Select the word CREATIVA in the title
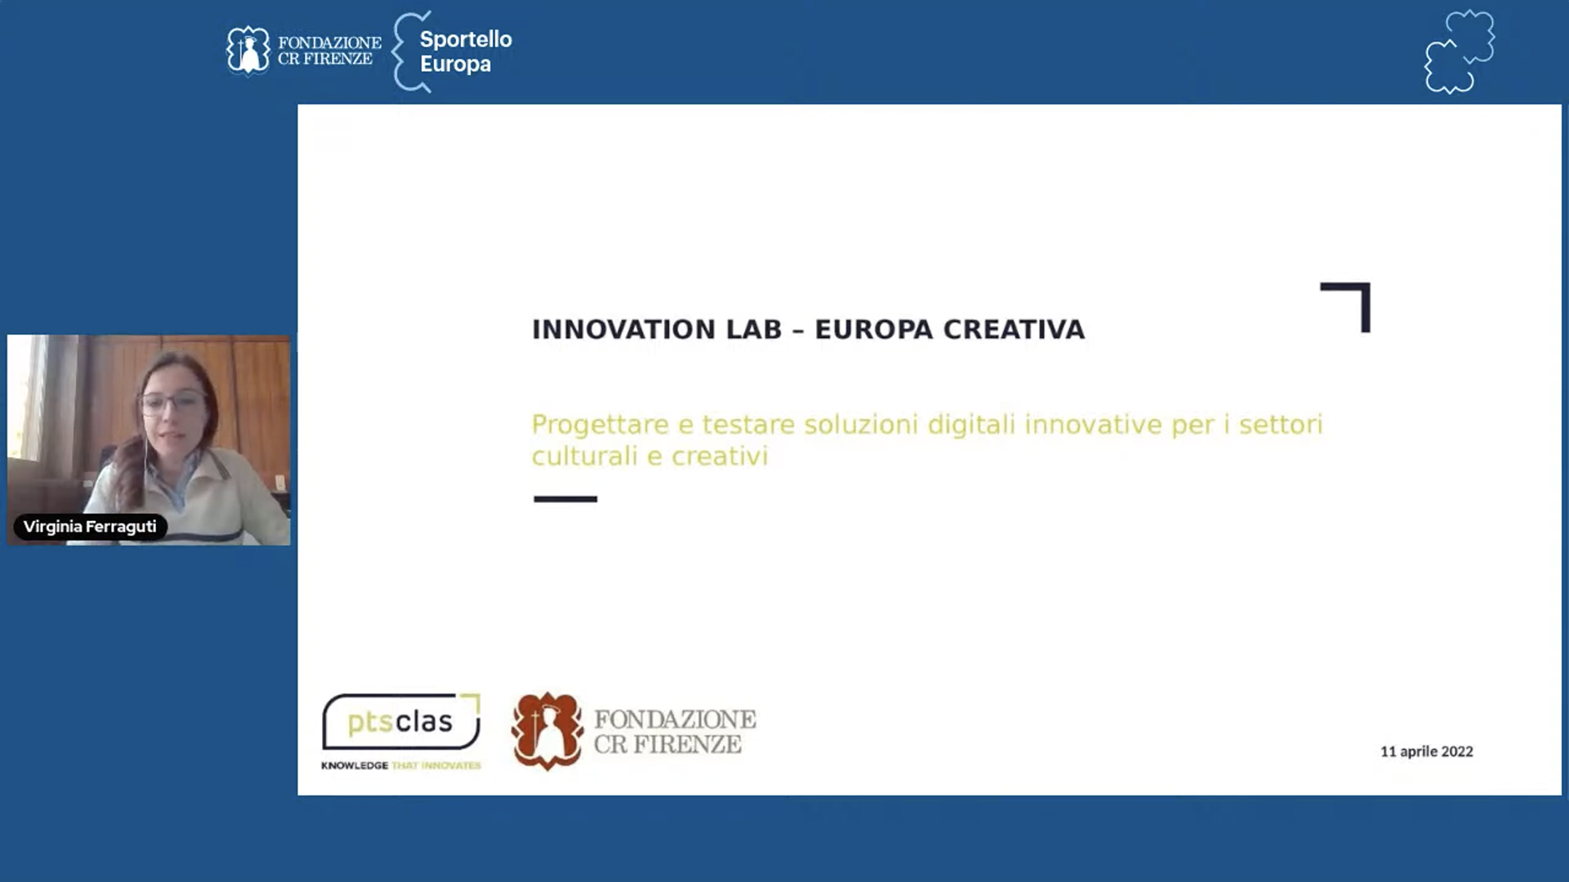pos(1014,329)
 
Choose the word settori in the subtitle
pos(1281,425)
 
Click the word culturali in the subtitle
pos(584,456)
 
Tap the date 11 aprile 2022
pos(1427,751)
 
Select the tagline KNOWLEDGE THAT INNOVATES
pos(401,765)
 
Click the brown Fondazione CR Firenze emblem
pos(547,731)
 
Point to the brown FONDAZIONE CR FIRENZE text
pos(675,732)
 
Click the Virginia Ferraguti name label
pos(90,527)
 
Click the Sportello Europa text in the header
pos(466,51)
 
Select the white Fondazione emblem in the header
pos(248,51)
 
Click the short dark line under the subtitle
pos(565,499)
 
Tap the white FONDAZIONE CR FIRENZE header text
pos(329,51)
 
